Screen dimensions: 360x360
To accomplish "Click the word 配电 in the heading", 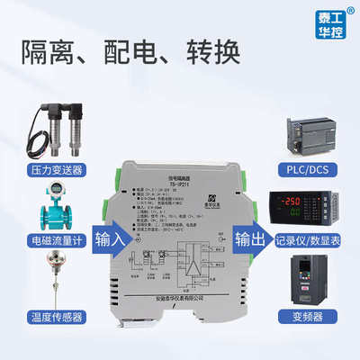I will [x=129, y=52].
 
